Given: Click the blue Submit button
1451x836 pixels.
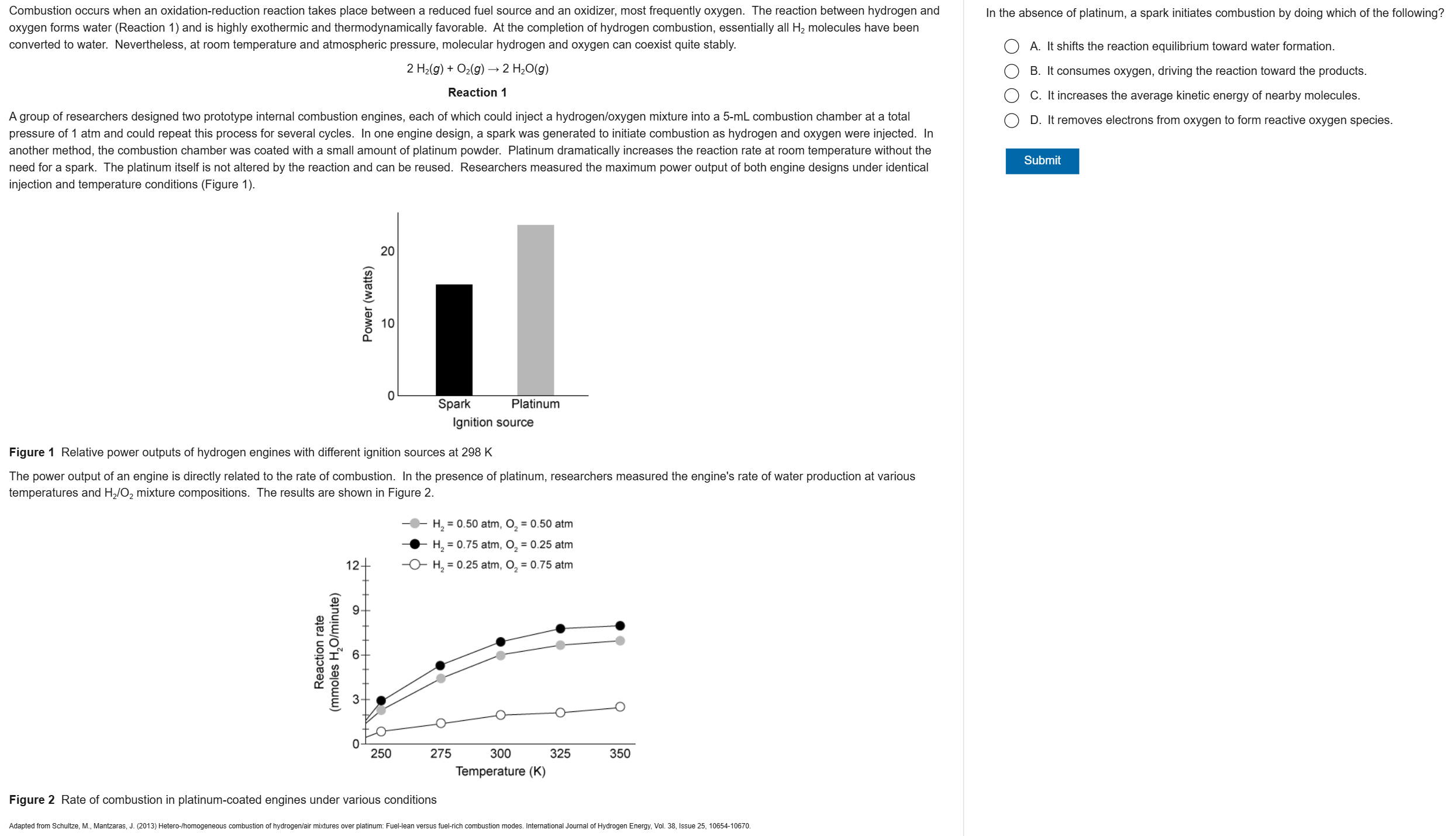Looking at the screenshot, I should (x=1042, y=161).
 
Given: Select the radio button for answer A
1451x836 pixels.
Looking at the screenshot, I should (x=1011, y=47).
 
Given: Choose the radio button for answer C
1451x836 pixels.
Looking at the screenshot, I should (x=1011, y=96).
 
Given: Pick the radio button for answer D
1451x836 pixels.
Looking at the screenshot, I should (x=1011, y=121).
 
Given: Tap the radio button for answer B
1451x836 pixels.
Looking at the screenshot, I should (x=1011, y=71).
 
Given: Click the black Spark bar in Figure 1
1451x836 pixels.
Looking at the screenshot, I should (x=454, y=339).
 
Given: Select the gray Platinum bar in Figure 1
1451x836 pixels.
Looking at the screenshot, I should (x=535, y=310).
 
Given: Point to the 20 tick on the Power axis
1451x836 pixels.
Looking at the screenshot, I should (x=388, y=252).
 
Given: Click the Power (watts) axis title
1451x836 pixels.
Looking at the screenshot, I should (x=367, y=304).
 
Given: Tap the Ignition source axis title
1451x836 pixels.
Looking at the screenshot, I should (x=492, y=422).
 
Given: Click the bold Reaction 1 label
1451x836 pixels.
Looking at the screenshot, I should (x=477, y=92).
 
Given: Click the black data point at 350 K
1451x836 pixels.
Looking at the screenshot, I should (x=620, y=625).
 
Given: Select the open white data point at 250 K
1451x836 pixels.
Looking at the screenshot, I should (x=381, y=731).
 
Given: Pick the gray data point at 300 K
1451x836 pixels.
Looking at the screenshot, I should (x=501, y=655).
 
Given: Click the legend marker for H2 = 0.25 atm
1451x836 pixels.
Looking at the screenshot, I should (x=415, y=565).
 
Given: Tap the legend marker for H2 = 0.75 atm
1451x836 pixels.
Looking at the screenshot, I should (x=415, y=544).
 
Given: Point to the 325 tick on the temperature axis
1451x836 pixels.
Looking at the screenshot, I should (x=560, y=754).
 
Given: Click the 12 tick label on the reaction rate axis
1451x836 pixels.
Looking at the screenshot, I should (x=352, y=565).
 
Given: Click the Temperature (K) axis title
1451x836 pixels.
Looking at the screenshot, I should (x=500, y=771).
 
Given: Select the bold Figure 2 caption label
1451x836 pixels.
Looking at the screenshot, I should (x=32, y=800).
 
